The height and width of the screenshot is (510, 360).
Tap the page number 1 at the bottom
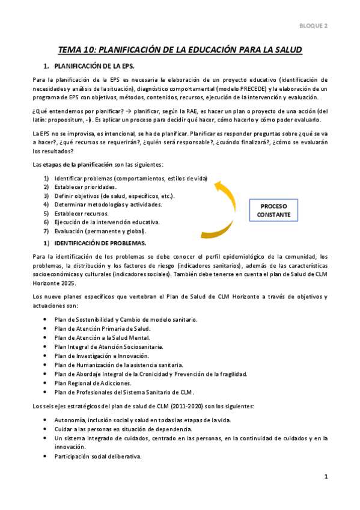tap(325, 477)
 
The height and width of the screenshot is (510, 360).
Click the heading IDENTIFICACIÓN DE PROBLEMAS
tap(100, 243)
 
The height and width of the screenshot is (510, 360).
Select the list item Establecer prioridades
tap(85, 187)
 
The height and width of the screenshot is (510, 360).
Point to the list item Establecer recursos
tap(82, 213)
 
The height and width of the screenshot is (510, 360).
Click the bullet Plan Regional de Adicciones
tap(93, 382)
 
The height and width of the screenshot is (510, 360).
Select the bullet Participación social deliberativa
tap(97, 456)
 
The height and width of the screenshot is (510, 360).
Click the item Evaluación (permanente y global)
tap(100, 231)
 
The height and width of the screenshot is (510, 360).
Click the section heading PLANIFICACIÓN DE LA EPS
tap(96, 65)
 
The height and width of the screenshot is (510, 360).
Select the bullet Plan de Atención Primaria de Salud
tap(102, 328)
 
